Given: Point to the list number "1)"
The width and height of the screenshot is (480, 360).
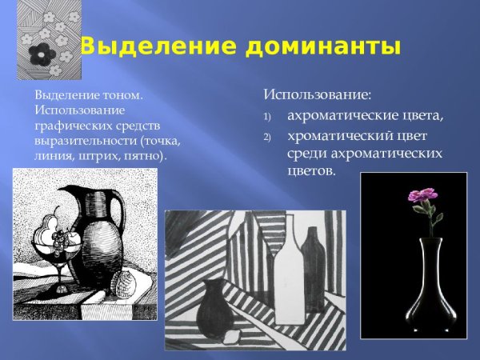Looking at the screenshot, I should [268, 117].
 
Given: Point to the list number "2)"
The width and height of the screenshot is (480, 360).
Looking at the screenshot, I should [268, 136].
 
